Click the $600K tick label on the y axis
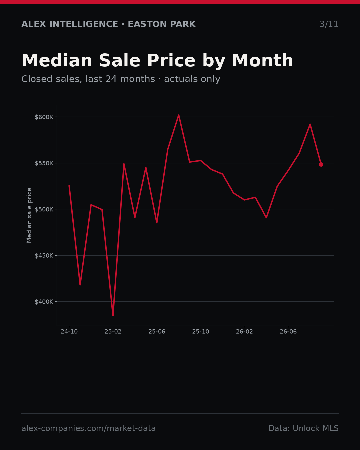coord(44,117)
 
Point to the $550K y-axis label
coord(44,163)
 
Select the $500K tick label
coord(44,209)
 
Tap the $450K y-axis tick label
coord(44,256)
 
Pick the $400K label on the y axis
coord(44,302)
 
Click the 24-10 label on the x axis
coord(69,332)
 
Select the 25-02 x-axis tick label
coord(113,332)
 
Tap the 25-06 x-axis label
coord(157,332)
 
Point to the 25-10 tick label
coord(201,332)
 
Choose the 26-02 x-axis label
coord(244,332)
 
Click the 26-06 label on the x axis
coord(288,332)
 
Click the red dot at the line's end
coord(321,165)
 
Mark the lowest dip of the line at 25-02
coord(113,316)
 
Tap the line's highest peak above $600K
coord(179,115)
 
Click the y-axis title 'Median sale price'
coord(29,215)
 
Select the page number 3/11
coord(329,24)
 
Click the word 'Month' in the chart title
coord(263,61)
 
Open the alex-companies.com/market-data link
coord(88,428)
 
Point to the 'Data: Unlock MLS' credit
coord(304,428)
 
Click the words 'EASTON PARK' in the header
coord(162,24)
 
